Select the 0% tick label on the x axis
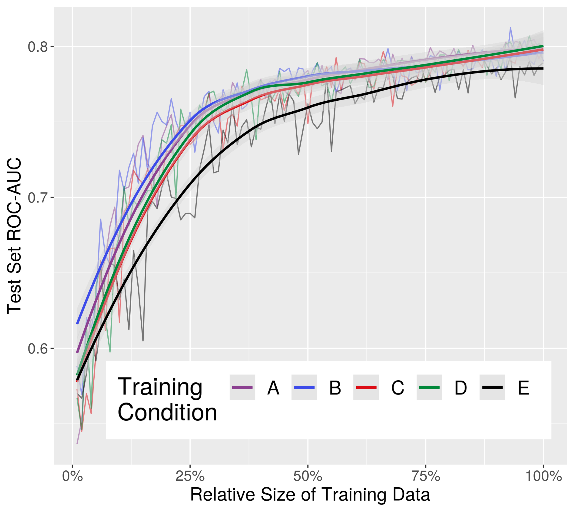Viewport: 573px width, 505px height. (x=72, y=476)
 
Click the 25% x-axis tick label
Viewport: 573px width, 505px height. (x=190, y=476)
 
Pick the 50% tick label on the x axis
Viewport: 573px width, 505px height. (x=308, y=476)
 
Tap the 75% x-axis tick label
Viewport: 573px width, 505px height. (x=426, y=476)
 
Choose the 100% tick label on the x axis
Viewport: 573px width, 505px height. (x=543, y=476)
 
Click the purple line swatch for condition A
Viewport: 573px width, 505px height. (x=242, y=387)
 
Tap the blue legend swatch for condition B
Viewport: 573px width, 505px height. (x=304, y=387)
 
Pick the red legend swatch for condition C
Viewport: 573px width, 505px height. (x=366, y=387)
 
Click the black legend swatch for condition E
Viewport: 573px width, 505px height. (x=492, y=387)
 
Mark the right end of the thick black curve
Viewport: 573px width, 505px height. (x=543, y=68)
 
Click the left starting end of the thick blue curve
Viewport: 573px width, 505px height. (x=77, y=324)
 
